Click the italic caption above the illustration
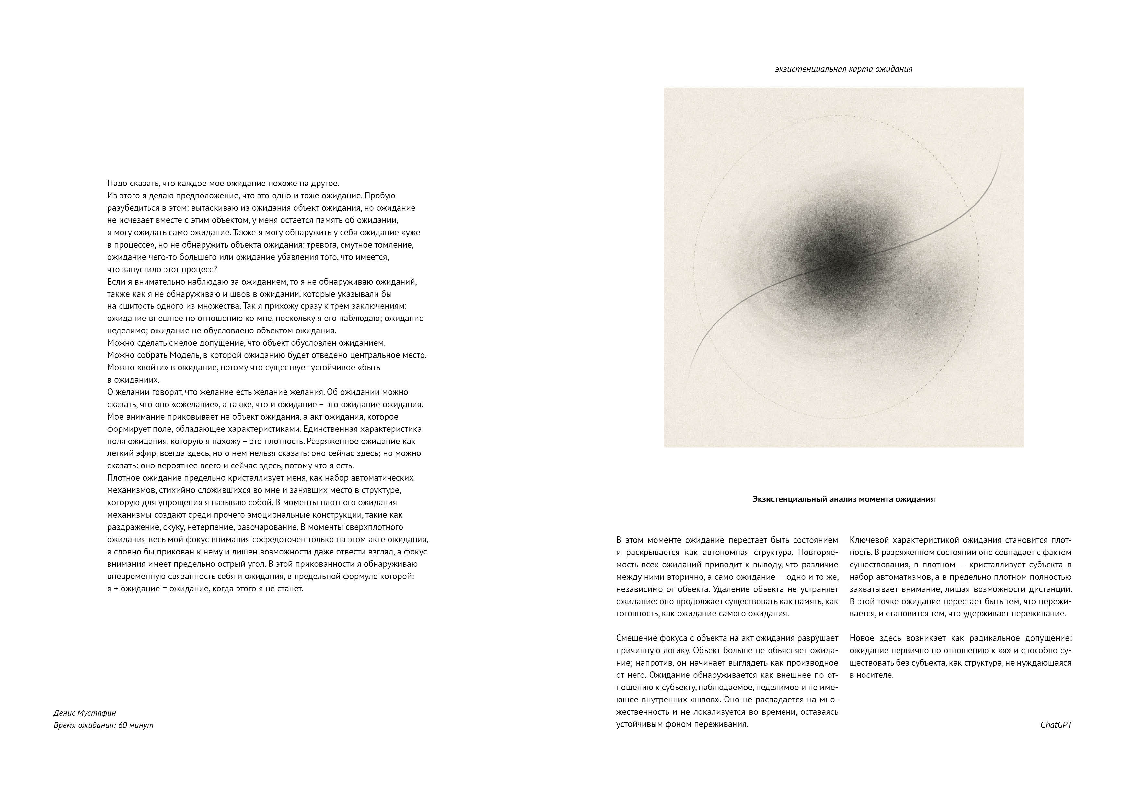click(843, 69)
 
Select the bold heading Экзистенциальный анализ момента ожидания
click(843, 499)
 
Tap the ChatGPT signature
click(1056, 725)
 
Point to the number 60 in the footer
click(123, 725)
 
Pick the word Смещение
click(635, 638)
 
